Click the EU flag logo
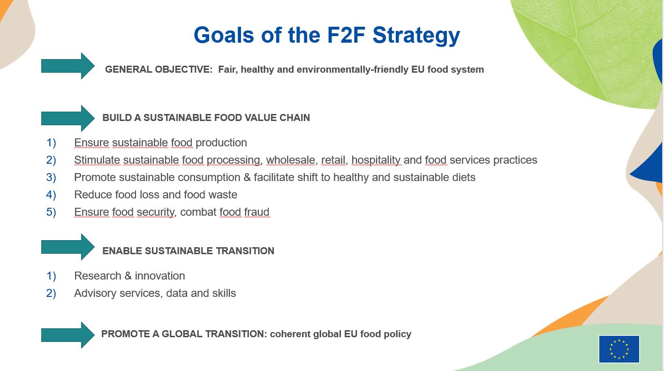click(x=619, y=349)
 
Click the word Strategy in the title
click(x=416, y=36)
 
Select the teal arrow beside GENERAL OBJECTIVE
click(x=68, y=66)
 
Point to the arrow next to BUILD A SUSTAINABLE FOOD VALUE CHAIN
click(x=68, y=118)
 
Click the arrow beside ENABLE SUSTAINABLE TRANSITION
click(x=68, y=247)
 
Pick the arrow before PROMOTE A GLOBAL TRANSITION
click(x=68, y=335)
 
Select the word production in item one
click(x=221, y=143)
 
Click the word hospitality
click(x=376, y=160)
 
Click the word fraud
click(x=257, y=212)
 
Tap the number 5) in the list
click(x=51, y=212)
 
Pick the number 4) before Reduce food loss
click(x=51, y=195)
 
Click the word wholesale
click(x=291, y=160)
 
